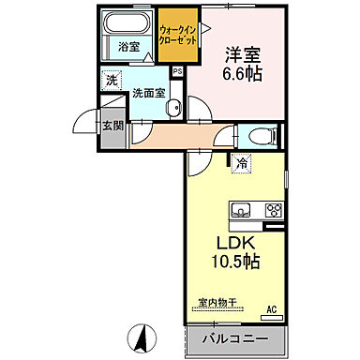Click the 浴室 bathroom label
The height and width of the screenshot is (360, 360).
127,46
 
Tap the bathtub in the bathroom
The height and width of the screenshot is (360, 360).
127,25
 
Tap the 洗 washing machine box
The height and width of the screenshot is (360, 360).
112,82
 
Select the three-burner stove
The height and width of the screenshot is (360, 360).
273,209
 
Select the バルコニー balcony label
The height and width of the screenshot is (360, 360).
233,337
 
